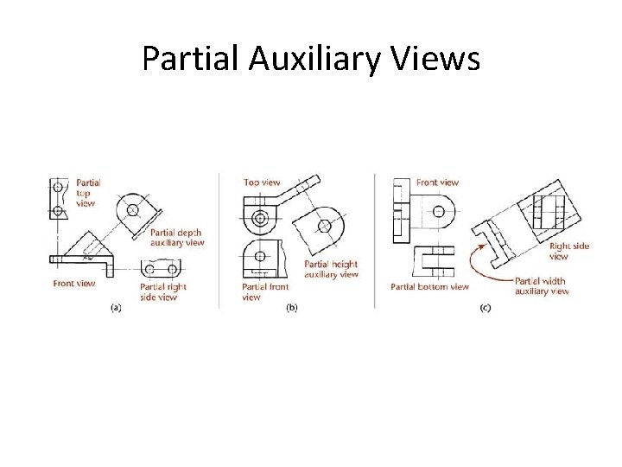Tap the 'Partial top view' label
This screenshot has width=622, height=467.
[x=88, y=193]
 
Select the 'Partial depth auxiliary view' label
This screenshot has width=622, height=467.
[x=177, y=237]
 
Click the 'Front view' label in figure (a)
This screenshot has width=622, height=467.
[x=73, y=284]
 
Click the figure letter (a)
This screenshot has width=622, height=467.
[x=116, y=308]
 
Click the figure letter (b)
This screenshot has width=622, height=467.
[x=292, y=308]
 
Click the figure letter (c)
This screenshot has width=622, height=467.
[x=486, y=308]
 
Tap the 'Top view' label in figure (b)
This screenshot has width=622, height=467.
[x=262, y=182]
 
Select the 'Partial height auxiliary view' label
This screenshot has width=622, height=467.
[x=331, y=269]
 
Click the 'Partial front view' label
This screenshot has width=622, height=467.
[x=265, y=292]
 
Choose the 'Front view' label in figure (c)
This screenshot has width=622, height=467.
[x=437, y=182]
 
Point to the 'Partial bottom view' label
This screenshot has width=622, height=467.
[x=429, y=286]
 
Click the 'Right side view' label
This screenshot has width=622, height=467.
[x=569, y=251]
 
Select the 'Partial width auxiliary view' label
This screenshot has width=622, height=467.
[x=542, y=286]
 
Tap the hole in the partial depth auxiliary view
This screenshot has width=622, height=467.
[x=132, y=210]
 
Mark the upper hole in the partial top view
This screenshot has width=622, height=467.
[x=58, y=187]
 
